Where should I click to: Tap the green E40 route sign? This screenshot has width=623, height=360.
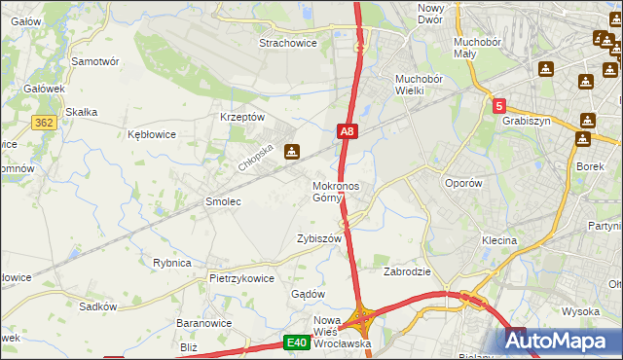pyautogui.click(x=298, y=342)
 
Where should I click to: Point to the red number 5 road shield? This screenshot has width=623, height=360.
pyautogui.click(x=499, y=106)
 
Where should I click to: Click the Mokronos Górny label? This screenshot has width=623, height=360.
pyautogui.click(x=336, y=192)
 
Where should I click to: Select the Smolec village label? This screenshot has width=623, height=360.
pyautogui.click(x=223, y=201)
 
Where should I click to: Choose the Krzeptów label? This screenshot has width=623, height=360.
pyautogui.click(x=242, y=116)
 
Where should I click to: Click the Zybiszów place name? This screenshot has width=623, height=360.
pyautogui.click(x=319, y=238)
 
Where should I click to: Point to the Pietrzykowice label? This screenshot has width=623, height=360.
pyautogui.click(x=241, y=277)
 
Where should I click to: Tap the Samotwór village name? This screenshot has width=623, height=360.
pyautogui.click(x=95, y=60)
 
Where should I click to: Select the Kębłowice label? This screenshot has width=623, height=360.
pyautogui.click(x=152, y=134)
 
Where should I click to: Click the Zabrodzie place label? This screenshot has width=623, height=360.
pyautogui.click(x=407, y=271)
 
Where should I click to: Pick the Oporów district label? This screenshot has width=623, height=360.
pyautogui.click(x=462, y=183)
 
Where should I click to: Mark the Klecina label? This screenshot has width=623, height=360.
pyautogui.click(x=498, y=240)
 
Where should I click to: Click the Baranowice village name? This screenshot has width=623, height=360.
pyautogui.click(x=202, y=322)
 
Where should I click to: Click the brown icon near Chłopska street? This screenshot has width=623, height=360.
pyautogui.click(x=291, y=151)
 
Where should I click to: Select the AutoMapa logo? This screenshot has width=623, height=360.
pyautogui.click(x=561, y=342)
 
